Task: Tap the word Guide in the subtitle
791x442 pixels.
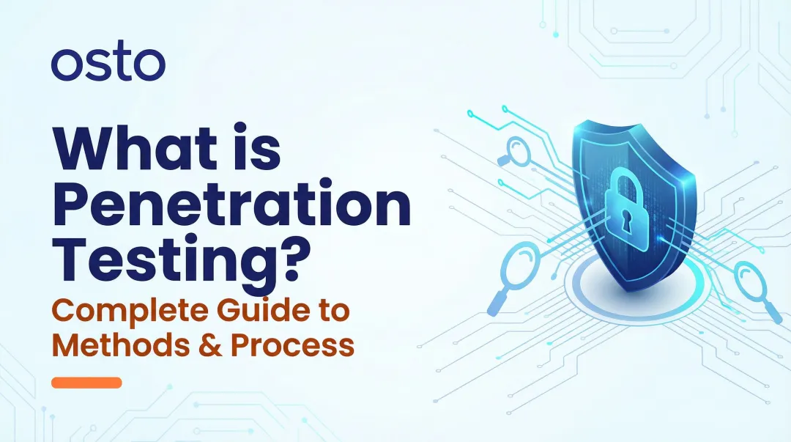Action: tap(256, 311)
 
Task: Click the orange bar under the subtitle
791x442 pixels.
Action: tap(86, 383)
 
